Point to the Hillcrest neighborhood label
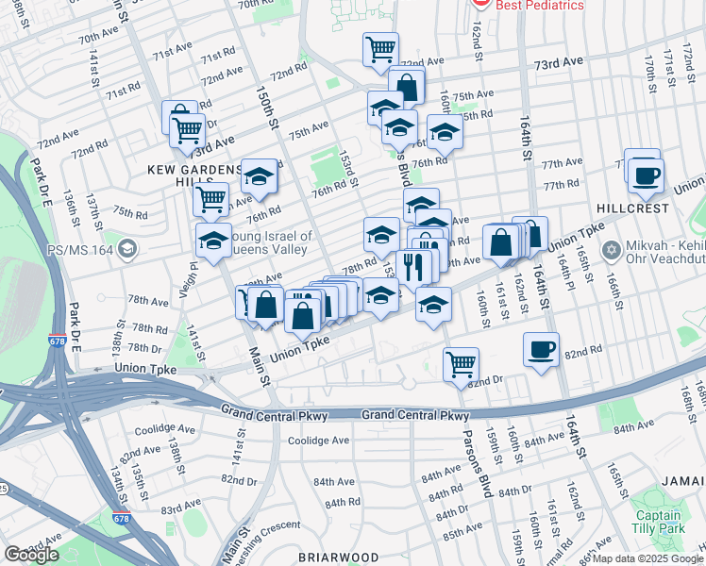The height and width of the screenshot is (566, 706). click(x=631, y=208)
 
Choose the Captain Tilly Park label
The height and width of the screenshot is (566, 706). click(x=658, y=523)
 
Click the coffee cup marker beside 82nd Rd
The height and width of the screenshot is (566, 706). click(x=542, y=350)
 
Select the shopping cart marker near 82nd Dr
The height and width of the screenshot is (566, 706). click(x=461, y=363)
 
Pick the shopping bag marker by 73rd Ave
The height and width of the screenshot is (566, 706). click(x=407, y=86)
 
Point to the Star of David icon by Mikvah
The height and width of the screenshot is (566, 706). click(x=610, y=252)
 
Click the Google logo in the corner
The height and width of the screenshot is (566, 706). click(x=31, y=555)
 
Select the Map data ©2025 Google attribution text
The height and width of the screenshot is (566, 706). click(x=647, y=558)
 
